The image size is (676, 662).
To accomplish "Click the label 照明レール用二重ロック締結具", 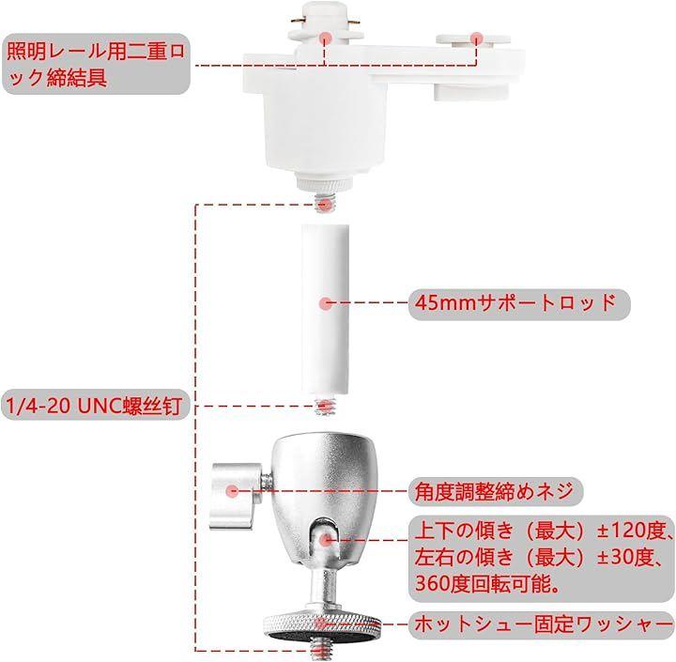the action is [96, 64].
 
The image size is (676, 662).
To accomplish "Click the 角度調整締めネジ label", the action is [496, 491].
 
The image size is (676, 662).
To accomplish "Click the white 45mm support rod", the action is [326, 309].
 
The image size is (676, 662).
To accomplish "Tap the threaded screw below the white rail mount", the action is [325, 201].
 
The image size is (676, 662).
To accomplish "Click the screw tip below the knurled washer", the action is [321, 652].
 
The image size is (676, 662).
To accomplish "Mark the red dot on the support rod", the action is [326, 303].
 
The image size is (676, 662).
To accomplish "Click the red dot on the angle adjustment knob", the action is [233, 491].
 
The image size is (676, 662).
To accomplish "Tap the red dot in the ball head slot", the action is [326, 539].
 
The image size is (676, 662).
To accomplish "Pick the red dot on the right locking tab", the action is [475, 38].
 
